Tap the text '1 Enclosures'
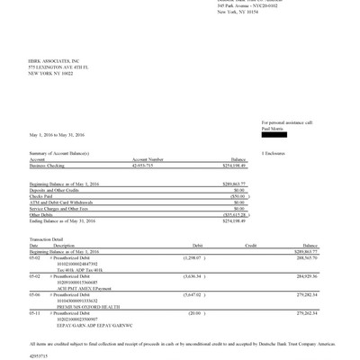coord(274,154)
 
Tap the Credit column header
coord(252,244)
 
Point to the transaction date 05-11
coord(35,312)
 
